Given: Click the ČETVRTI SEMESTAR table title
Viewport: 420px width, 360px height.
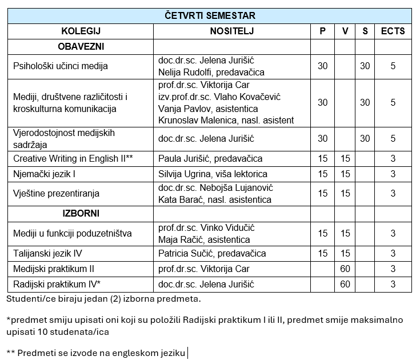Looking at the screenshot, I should point(210,15).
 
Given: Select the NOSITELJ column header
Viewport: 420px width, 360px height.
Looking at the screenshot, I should point(231,31).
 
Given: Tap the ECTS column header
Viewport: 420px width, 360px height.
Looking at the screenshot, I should point(393,31).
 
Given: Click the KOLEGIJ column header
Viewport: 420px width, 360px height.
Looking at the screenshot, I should point(81,31).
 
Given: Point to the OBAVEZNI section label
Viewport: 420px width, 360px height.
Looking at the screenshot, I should point(81,46).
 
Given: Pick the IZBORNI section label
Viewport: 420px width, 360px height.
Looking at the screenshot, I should point(81,214).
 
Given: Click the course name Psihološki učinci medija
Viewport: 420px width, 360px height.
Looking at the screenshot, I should point(61,66).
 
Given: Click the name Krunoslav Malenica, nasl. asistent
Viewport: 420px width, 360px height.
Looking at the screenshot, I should point(226,120).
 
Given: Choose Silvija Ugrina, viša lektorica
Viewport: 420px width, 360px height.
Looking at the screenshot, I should point(213,174).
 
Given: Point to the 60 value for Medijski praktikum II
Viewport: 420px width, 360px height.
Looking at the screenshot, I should point(345,269).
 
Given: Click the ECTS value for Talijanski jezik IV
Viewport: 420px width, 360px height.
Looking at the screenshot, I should point(393,253).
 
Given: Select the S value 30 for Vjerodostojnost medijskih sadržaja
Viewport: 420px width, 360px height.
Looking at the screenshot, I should point(365,138).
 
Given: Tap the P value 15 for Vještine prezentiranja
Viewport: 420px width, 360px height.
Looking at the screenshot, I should point(323,194).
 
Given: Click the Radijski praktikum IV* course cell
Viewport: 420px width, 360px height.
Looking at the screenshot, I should point(57,284).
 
